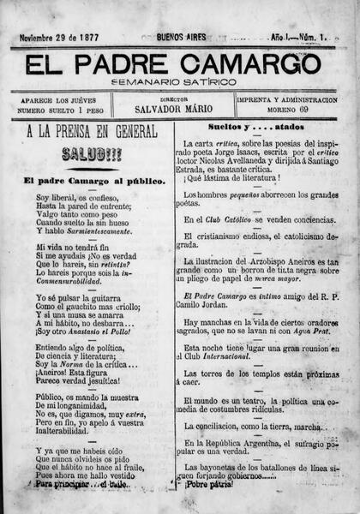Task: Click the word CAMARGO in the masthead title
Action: click(258, 64)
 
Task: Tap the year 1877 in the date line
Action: click(93, 38)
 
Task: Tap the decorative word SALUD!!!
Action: click(92, 154)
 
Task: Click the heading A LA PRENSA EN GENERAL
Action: click(92, 133)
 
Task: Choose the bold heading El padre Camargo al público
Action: click(94, 181)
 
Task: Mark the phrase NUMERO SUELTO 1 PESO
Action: click(63, 111)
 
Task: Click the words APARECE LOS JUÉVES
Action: click(63, 99)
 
